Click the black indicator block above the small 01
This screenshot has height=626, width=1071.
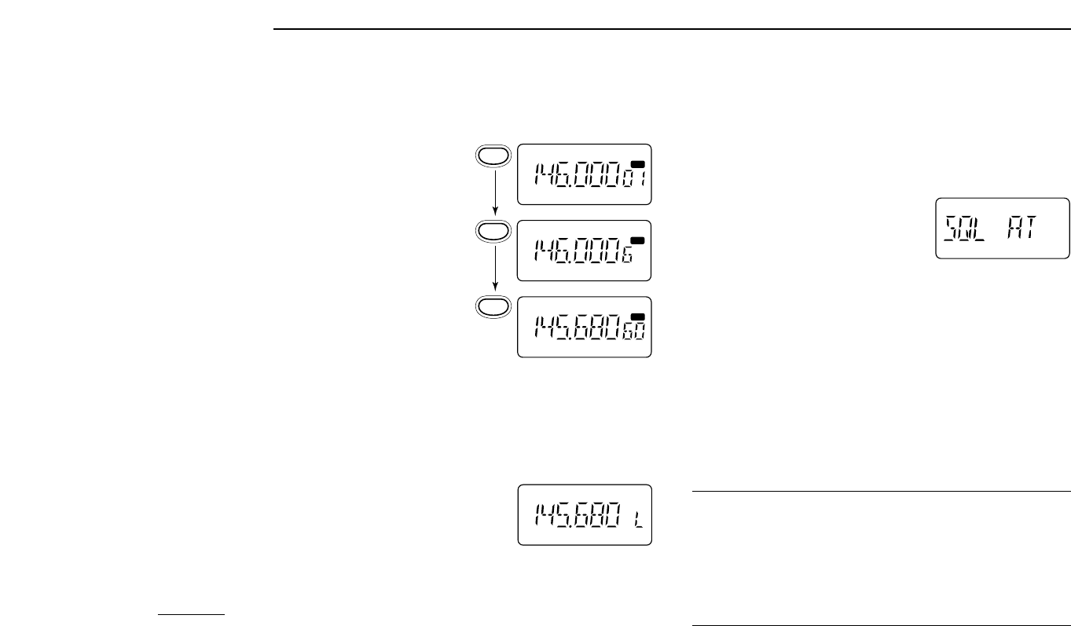point(637,163)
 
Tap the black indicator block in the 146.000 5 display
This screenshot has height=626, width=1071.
point(637,240)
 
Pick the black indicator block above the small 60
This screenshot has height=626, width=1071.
point(637,317)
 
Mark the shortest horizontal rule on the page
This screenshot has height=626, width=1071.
point(191,615)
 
